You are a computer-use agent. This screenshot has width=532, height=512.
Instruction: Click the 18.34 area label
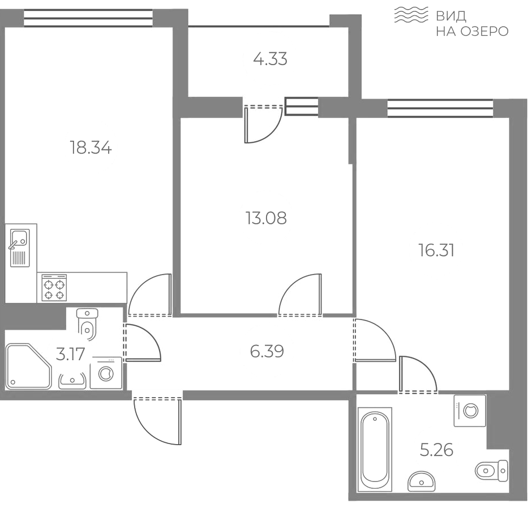pos(91,148)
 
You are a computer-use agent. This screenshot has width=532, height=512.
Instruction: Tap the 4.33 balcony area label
pos(270,59)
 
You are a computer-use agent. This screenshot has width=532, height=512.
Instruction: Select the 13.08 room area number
pos(266,218)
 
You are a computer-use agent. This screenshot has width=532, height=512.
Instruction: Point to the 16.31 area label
pos(436,250)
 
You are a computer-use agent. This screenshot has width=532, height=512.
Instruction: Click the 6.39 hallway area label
pos(267,351)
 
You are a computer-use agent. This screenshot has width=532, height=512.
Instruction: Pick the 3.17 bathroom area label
pos(70,355)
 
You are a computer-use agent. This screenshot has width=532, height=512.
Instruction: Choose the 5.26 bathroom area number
pos(436,450)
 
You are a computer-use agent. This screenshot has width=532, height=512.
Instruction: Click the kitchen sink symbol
pos(20,248)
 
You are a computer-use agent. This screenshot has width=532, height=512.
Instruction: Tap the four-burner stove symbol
pos(54,288)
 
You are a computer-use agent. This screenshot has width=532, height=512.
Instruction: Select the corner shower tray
pos(28,366)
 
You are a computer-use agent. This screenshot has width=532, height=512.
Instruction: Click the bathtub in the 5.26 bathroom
pos(375,450)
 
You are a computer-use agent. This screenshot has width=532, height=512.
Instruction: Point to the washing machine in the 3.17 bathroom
pos(106,373)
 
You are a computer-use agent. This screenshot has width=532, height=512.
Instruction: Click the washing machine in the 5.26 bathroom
pos(470,411)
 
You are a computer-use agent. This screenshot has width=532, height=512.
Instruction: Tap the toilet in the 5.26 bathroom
pos(491,471)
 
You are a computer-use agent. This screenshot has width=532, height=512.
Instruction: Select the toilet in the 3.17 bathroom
pos(87,324)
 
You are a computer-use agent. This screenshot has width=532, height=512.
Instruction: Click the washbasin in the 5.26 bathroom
pos(422,481)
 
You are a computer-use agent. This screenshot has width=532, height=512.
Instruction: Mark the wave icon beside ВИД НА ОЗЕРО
pos(411,15)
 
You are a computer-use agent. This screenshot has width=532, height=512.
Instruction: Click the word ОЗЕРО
pos(484,32)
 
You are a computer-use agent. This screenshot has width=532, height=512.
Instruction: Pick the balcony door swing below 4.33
pos(263,124)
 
